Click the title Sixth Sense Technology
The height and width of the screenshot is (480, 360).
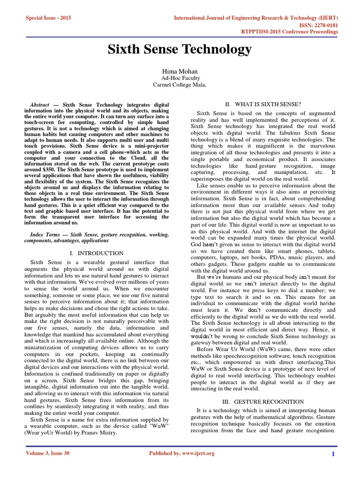point(180,50)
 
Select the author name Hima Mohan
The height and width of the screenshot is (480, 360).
point(180,71)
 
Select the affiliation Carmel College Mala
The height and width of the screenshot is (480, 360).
point(180,85)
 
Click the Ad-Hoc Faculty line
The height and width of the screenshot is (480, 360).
point(180,78)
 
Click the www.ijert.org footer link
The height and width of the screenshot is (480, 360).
point(195,453)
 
